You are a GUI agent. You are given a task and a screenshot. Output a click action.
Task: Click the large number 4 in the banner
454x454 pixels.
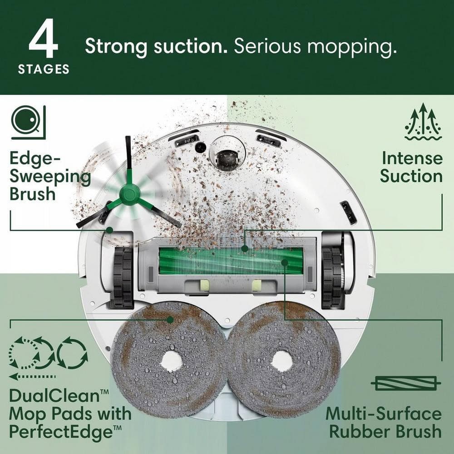tap(44, 43)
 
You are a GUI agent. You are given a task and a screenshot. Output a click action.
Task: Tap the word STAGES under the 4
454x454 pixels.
tap(44, 69)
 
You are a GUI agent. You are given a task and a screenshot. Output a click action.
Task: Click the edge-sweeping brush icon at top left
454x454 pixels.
tap(28, 121)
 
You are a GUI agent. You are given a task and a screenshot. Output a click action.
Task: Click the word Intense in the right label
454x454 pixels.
tap(411, 158)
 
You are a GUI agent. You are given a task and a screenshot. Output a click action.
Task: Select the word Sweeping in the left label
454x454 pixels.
tap(50, 176)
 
